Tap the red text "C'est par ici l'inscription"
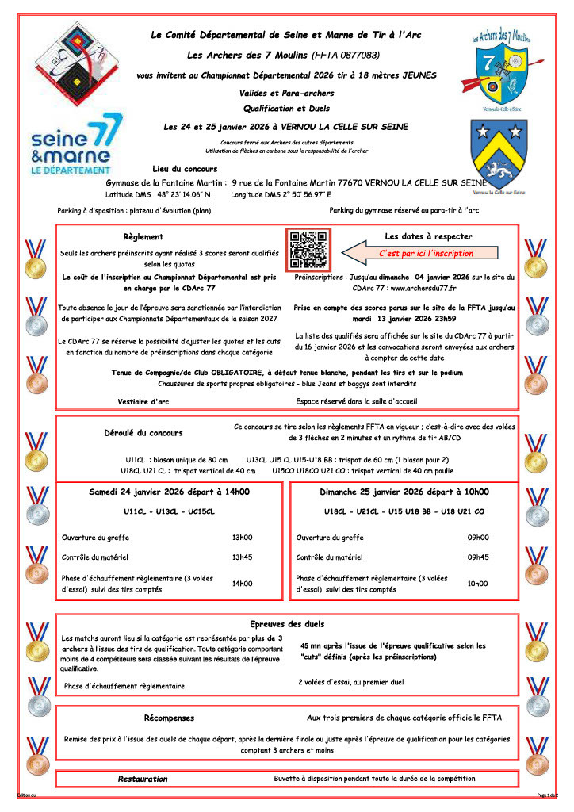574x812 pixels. (426, 254)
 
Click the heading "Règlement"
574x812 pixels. (143, 236)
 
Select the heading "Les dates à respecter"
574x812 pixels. (428, 236)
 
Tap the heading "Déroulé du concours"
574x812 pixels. (143, 433)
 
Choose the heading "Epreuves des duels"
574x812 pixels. (287, 624)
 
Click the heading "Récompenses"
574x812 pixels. (169, 718)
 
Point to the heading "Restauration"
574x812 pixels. (143, 779)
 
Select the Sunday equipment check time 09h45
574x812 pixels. (478, 557)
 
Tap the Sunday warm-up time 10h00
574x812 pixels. (478, 584)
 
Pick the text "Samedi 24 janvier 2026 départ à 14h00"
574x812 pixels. (169, 492)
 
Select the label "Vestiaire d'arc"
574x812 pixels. (143, 402)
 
